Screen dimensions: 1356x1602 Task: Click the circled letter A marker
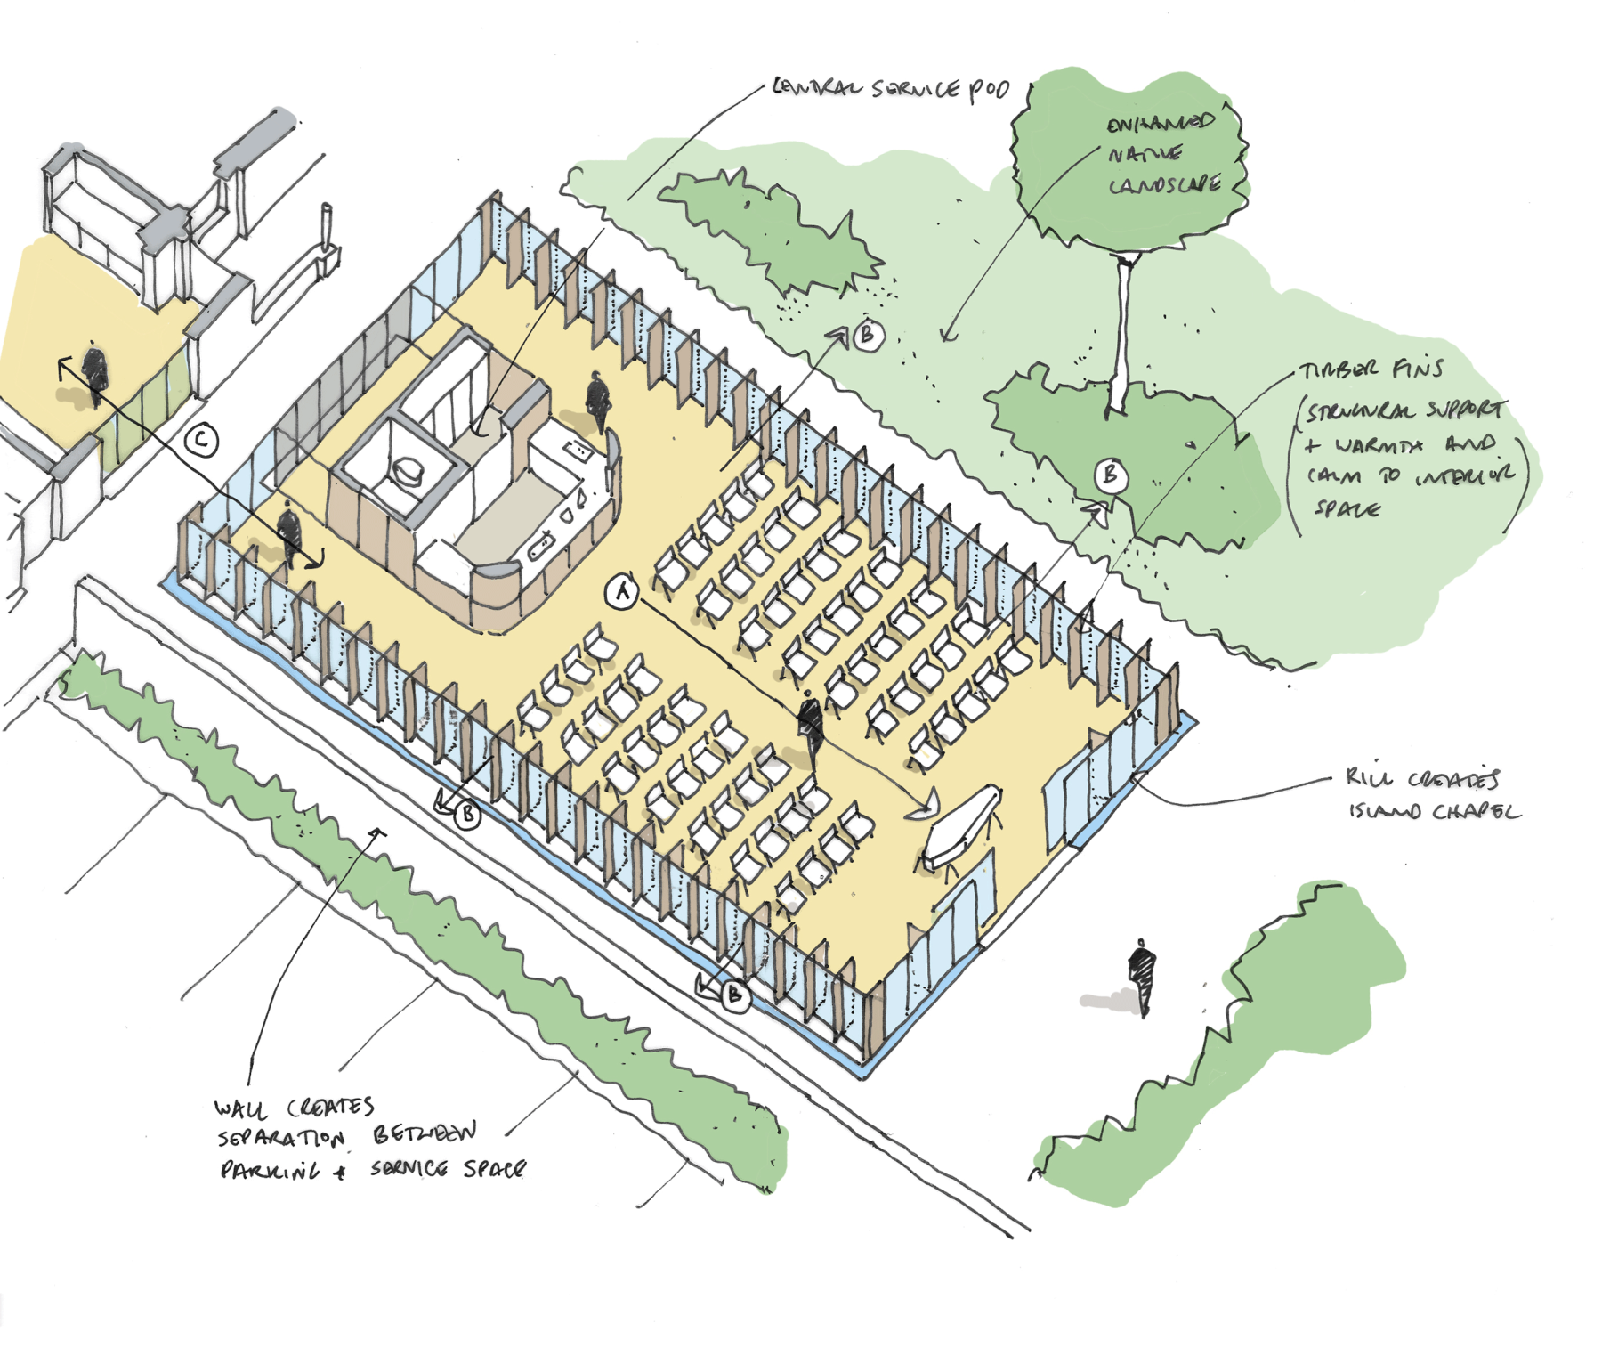[623, 591]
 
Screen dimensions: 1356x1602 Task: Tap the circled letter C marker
[202, 440]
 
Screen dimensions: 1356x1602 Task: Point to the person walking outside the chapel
[1141, 974]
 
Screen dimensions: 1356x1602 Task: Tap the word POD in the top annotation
[988, 90]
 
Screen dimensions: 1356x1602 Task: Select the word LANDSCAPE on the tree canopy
[1164, 185]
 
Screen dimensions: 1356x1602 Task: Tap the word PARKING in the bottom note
[269, 1170]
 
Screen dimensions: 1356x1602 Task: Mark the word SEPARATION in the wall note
[281, 1138]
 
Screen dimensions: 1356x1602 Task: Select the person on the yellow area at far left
[94, 372]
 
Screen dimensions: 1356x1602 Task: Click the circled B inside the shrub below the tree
[1110, 475]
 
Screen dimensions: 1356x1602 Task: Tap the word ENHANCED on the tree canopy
[1159, 123]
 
